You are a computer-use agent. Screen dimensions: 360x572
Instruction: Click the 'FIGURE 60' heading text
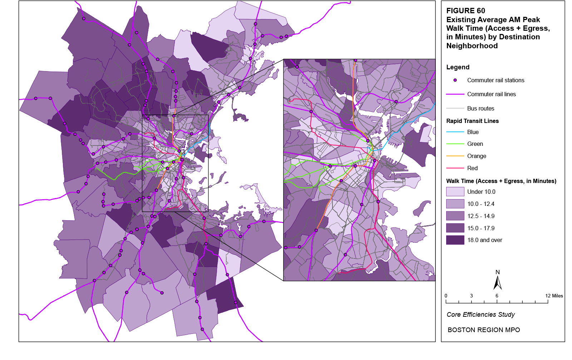click(x=465, y=11)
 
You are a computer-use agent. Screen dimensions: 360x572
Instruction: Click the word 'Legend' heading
click(x=458, y=67)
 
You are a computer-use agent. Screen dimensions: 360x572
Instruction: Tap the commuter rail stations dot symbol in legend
click(x=455, y=80)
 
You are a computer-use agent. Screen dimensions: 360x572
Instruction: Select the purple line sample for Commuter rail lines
click(x=455, y=94)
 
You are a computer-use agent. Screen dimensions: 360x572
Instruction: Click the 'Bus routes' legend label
click(x=480, y=108)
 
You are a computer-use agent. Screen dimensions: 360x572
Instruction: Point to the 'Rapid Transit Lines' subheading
click(x=472, y=121)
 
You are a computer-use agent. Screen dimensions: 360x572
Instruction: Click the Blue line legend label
click(x=473, y=132)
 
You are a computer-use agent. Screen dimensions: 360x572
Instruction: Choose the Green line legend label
click(x=475, y=144)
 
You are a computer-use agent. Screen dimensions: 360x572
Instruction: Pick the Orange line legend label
click(x=477, y=156)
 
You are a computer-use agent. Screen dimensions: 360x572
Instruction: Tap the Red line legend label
click(x=472, y=168)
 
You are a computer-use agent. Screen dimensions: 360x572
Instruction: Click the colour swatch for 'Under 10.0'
click(x=455, y=192)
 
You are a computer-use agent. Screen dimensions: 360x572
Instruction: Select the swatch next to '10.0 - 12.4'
click(x=455, y=204)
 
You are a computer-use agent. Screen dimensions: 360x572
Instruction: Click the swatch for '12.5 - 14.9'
click(x=455, y=216)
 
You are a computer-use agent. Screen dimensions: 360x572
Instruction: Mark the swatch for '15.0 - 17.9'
click(x=455, y=228)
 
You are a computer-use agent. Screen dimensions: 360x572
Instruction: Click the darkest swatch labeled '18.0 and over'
click(x=455, y=240)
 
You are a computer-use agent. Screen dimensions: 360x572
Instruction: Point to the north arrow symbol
click(x=497, y=282)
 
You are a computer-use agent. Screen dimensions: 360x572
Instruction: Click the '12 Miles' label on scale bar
click(x=554, y=296)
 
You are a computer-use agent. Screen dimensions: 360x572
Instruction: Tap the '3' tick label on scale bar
click(x=471, y=296)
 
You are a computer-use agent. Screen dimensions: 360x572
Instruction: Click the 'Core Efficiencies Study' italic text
click(x=480, y=315)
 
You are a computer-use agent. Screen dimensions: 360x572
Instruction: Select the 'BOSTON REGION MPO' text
click(x=484, y=330)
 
